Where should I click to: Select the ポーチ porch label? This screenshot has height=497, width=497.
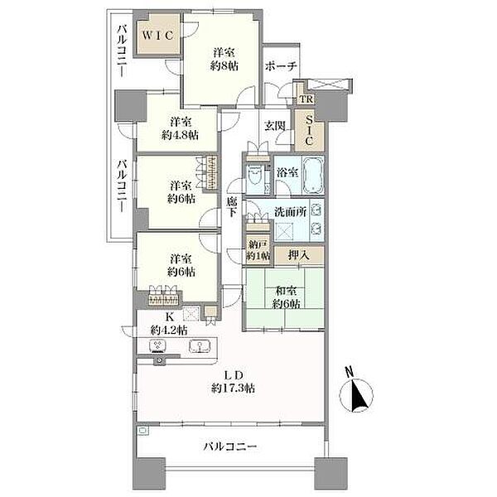coord(281,67)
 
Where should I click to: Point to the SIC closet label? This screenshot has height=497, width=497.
coord(309,130)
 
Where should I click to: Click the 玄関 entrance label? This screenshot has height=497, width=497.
coord(275,127)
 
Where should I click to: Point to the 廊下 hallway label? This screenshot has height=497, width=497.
coord(233,207)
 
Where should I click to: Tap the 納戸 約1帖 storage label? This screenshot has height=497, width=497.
coord(258,250)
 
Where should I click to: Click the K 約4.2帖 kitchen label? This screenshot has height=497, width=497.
coord(169,323)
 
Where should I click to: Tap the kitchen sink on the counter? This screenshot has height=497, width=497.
coord(199,347)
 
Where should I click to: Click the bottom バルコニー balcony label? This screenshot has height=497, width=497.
coord(231,447)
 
